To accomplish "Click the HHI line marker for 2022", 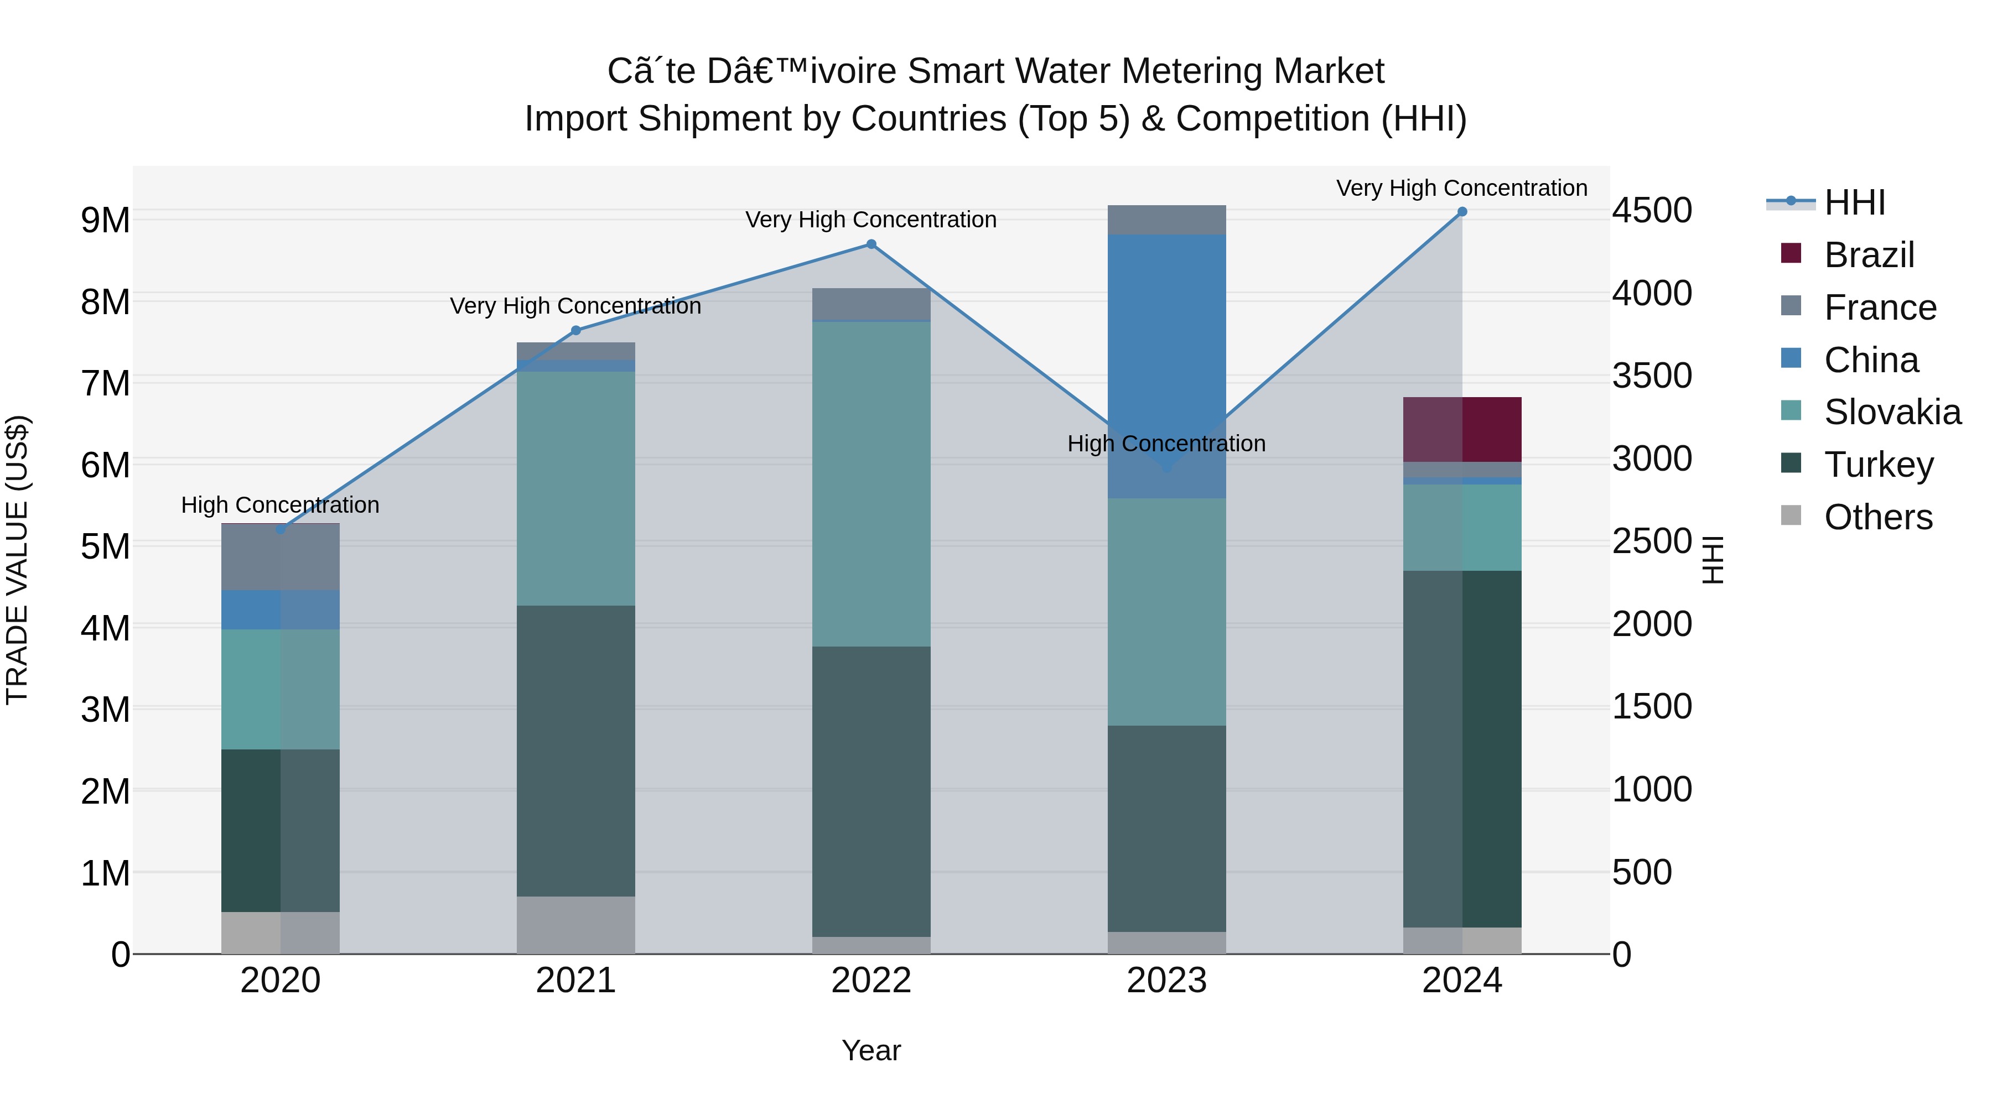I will [871, 244].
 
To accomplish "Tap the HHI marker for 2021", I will [575, 331].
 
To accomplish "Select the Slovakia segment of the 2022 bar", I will [871, 484].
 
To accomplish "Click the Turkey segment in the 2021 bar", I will [575, 751].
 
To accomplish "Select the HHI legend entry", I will [1854, 202].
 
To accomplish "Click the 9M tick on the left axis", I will [105, 220].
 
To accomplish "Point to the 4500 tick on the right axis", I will [1652, 210].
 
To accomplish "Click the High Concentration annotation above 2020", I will [280, 505].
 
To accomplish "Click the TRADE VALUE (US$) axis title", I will [17, 560].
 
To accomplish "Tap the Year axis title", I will [871, 1050].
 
